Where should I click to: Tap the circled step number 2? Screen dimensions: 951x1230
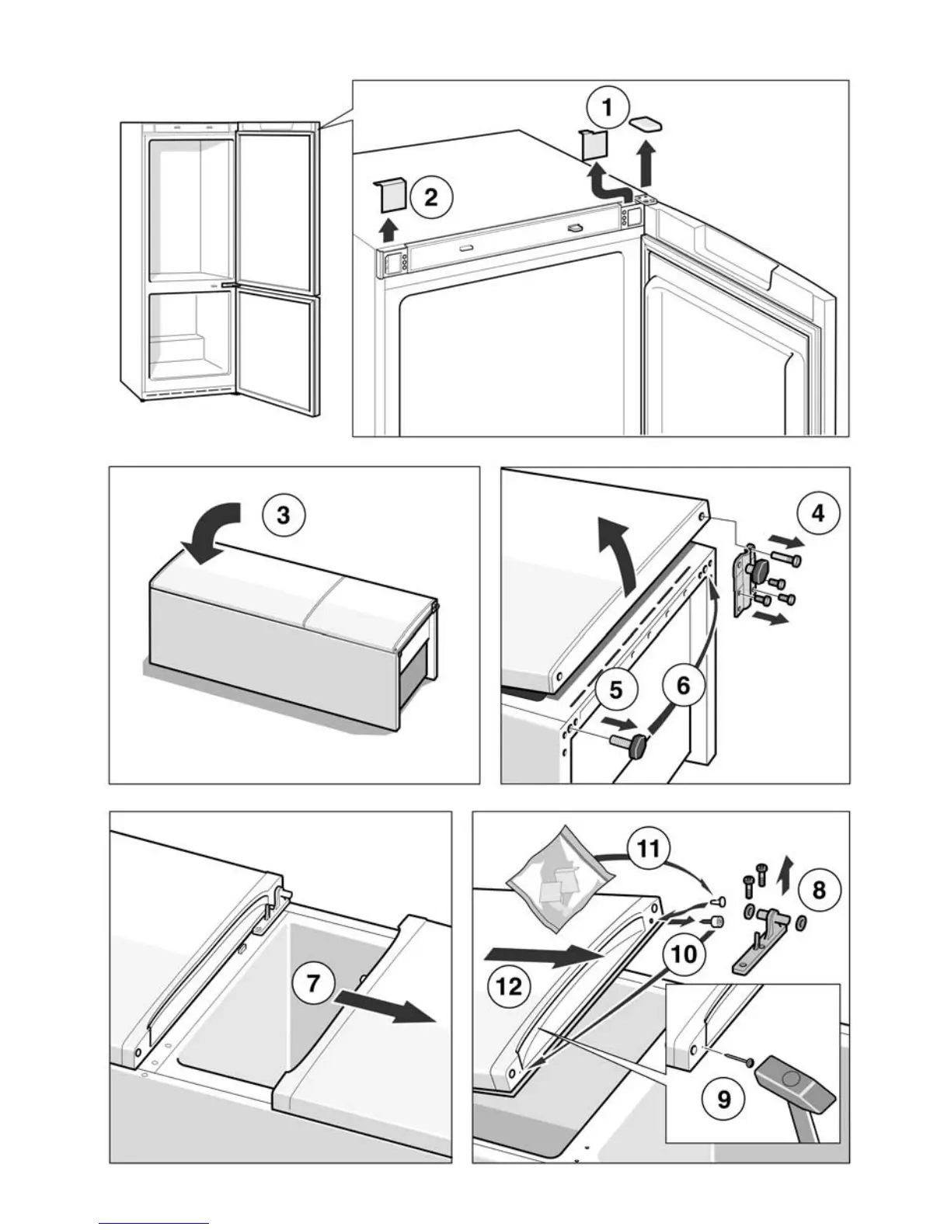430,197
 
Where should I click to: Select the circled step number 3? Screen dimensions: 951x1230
284,515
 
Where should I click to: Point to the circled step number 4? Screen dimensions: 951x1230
817,513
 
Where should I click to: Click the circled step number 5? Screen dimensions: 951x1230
616,689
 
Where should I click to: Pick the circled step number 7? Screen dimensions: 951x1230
312,983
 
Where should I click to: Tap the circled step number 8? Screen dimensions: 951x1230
819,889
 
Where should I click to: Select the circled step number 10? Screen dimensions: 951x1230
684,953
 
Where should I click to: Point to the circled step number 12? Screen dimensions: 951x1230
510,986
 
